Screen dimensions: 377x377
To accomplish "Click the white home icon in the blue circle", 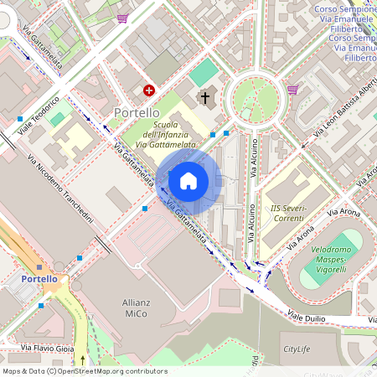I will pos(188,180).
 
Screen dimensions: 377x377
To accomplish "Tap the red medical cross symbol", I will pos(149,90).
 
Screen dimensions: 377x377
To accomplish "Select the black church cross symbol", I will pos(204,98).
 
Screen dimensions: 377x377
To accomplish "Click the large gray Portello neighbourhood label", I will pos(135,112).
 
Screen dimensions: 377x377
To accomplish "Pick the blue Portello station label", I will pos(39,278).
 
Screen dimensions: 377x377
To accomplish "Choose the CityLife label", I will pos(302,349).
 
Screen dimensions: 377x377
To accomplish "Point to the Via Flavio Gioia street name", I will pos(49,347).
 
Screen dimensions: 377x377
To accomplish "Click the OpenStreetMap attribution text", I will pos(85,370).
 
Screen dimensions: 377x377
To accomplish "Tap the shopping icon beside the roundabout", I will pos(292,89).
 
